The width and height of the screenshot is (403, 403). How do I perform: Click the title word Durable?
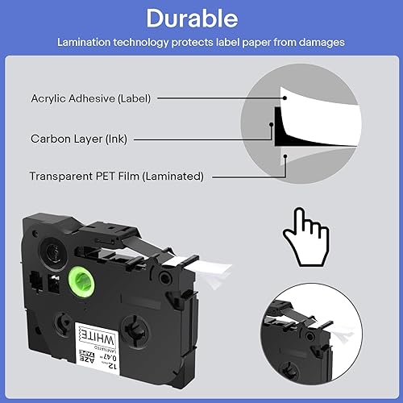tap(201, 19)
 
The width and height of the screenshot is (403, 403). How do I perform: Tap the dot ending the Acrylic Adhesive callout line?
tap(284, 98)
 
